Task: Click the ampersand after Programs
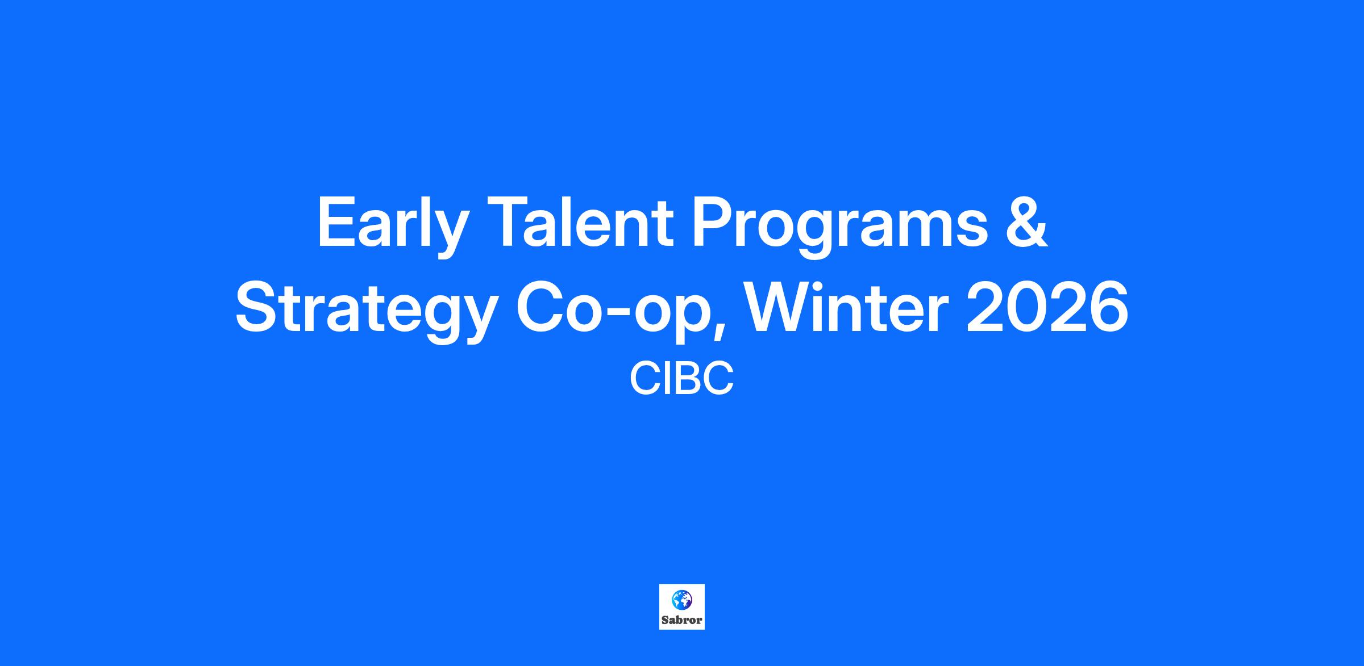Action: (1025, 222)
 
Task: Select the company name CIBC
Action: (682, 379)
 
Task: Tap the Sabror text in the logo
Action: (682, 620)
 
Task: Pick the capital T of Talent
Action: (506, 222)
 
